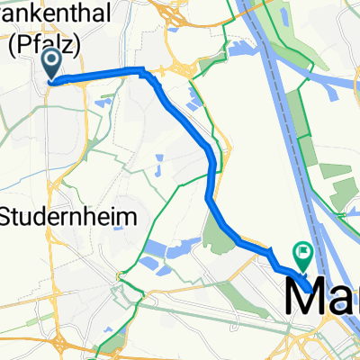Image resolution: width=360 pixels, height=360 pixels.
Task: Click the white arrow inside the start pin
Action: click(x=51, y=61)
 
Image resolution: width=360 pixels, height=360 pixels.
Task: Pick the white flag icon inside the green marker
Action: click(x=302, y=252)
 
